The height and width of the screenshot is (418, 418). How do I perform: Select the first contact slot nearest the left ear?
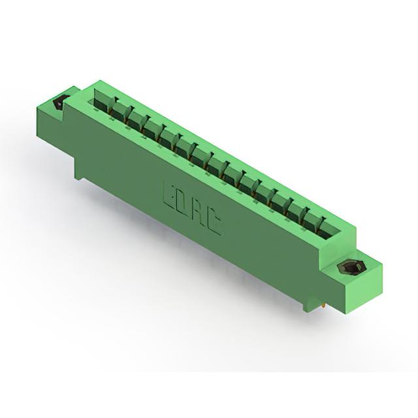[x=102, y=100]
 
